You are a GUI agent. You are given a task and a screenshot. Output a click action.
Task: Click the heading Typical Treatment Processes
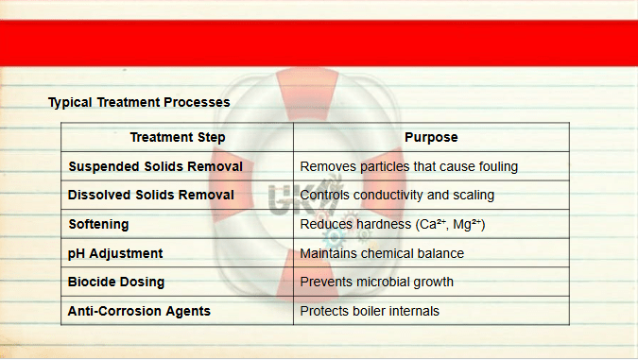pos(139,102)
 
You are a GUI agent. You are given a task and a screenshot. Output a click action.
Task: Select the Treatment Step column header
pos(178,137)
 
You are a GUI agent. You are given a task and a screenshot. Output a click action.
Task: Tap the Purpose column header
pos(431,137)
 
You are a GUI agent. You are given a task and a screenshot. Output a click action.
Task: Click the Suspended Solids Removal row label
pos(155,166)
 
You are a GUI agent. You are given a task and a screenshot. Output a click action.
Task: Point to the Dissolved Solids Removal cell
pos(151,195)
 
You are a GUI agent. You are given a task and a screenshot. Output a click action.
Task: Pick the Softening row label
pos(98,224)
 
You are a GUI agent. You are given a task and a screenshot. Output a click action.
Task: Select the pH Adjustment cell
pos(115,253)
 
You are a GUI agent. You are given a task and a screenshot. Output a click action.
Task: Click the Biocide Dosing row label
pos(116,282)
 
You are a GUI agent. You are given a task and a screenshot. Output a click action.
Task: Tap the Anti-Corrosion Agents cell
pos(139,311)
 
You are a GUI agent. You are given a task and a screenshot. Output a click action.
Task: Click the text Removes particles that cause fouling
pos(409,166)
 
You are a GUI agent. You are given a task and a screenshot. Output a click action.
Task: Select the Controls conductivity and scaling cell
pos(397,195)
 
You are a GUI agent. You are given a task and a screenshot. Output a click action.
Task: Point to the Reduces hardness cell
pos(392,224)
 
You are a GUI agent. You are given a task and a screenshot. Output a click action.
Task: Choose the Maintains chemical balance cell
pos(382,253)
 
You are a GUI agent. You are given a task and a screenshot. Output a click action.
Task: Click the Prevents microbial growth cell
pos(377,282)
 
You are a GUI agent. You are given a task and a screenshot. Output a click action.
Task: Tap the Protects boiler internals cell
pos(370,311)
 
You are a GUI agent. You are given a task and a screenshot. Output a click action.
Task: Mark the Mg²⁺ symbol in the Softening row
pos(467,224)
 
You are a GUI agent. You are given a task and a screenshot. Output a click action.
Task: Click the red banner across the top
pos(319,43)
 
